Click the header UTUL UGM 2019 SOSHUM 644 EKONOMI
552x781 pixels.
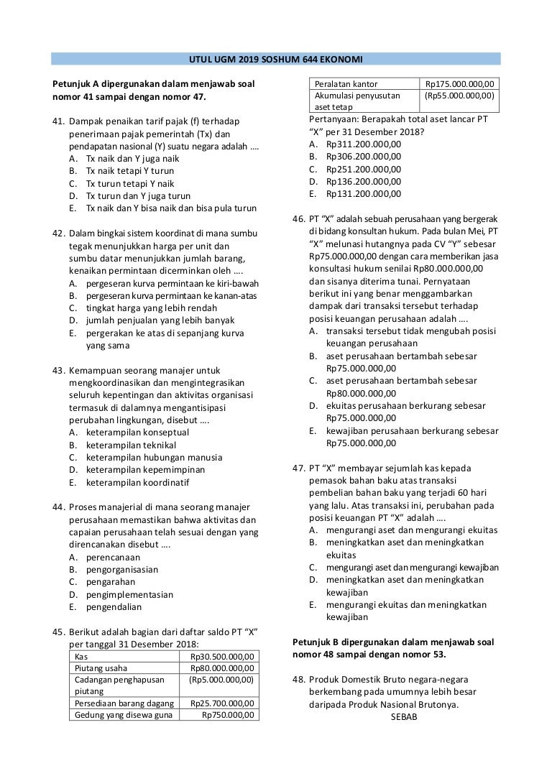click(x=276, y=59)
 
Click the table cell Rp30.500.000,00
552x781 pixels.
click(x=222, y=657)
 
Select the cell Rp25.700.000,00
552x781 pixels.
click(x=222, y=703)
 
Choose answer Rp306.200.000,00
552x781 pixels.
click(x=364, y=156)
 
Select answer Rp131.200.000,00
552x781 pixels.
click(x=364, y=193)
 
